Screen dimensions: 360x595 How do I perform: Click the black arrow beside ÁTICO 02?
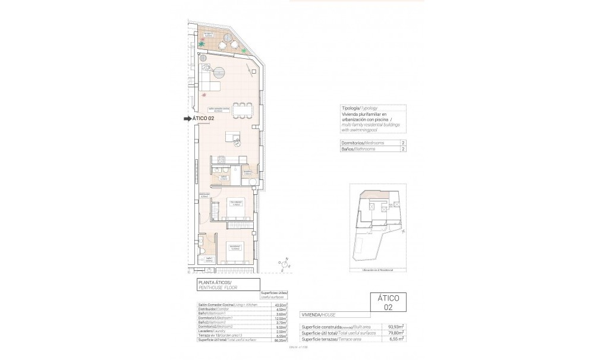188,119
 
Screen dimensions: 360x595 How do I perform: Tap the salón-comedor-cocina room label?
218,109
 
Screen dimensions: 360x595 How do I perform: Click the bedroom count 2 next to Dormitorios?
404,143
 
